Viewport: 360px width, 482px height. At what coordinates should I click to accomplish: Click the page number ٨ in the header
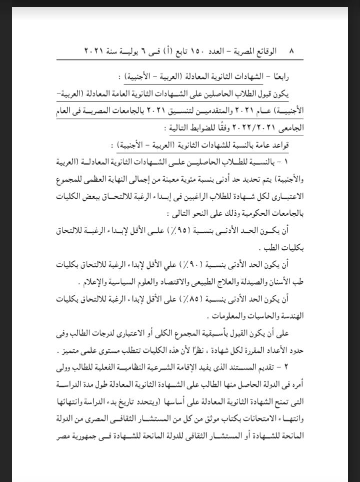point(291,52)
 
